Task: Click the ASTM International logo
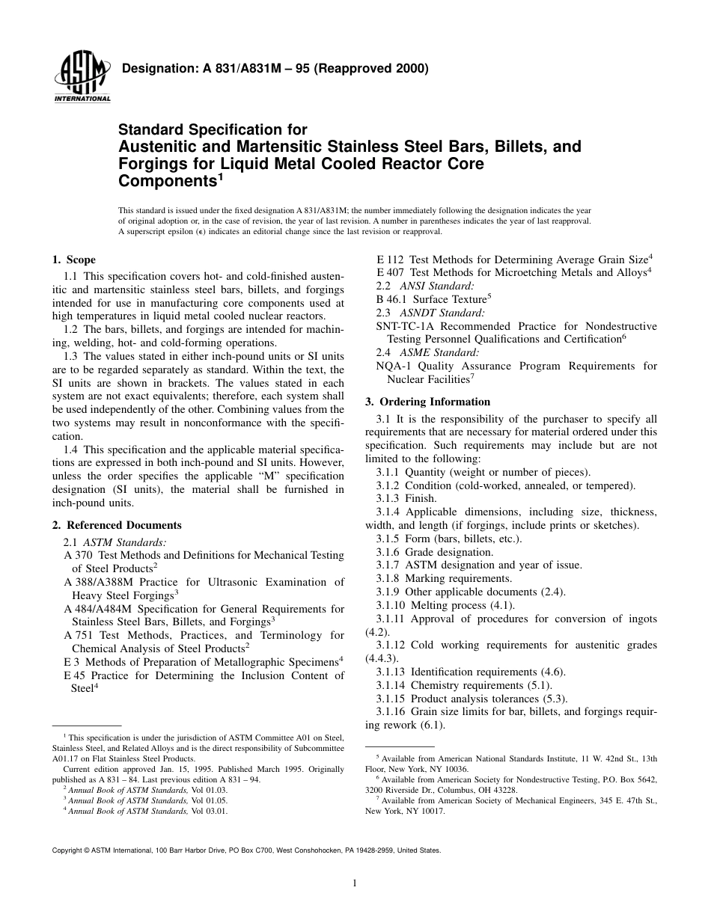click(82, 78)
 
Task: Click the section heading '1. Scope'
click(73, 260)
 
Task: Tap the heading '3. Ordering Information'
click(427, 402)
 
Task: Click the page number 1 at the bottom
click(355, 883)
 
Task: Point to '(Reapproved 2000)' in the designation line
click(377, 69)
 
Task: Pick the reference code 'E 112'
click(390, 260)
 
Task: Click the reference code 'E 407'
click(390, 273)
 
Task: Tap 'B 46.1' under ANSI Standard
click(391, 299)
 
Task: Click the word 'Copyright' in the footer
click(67, 850)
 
